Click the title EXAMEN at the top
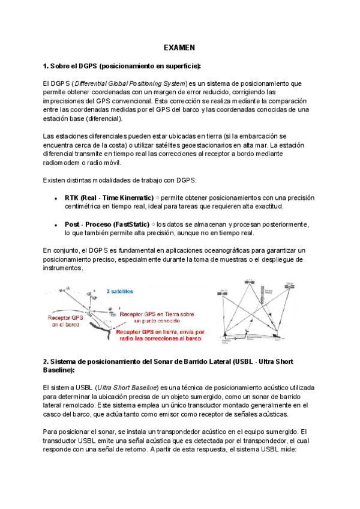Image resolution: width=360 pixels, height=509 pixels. click(180, 48)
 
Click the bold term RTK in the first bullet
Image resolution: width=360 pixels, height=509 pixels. click(72, 197)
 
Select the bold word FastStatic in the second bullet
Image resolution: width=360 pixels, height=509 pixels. click(128, 224)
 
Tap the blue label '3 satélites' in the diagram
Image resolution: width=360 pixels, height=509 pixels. click(120, 291)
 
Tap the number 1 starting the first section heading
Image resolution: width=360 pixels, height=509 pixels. click(45, 65)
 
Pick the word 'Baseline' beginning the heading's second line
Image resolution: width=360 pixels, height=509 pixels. click(58, 370)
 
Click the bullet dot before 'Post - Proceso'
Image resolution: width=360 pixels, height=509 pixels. click(56, 224)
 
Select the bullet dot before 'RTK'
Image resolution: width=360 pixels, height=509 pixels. click(56, 198)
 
